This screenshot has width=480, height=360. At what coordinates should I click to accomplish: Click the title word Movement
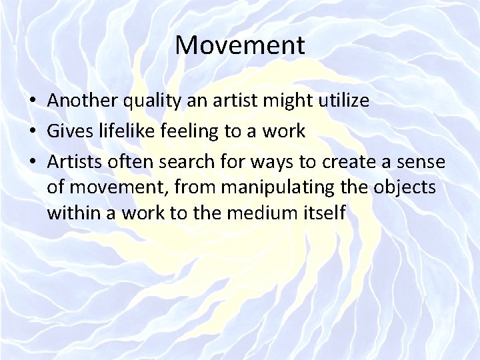240,46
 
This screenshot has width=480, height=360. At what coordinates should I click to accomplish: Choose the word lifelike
129,131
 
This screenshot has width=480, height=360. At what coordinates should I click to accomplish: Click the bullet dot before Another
33,102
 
